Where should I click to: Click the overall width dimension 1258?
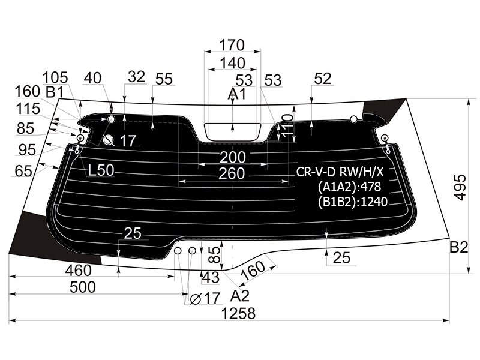point(238,313)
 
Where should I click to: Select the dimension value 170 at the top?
point(232,45)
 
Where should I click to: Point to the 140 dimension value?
point(233,63)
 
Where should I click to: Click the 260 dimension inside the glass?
point(232,173)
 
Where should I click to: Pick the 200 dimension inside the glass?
point(233,157)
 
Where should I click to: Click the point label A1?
point(236,94)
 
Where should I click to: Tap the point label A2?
point(239,296)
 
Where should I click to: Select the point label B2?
point(458,247)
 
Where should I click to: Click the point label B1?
point(55,92)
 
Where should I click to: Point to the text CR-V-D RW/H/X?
point(340,172)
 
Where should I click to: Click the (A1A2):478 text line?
point(349,187)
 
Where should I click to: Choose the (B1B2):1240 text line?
point(353,202)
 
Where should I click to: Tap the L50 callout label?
point(101,170)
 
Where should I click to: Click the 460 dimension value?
point(79,271)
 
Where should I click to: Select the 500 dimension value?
point(83,287)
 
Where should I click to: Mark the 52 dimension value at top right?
point(323,79)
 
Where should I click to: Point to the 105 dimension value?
point(55,78)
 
